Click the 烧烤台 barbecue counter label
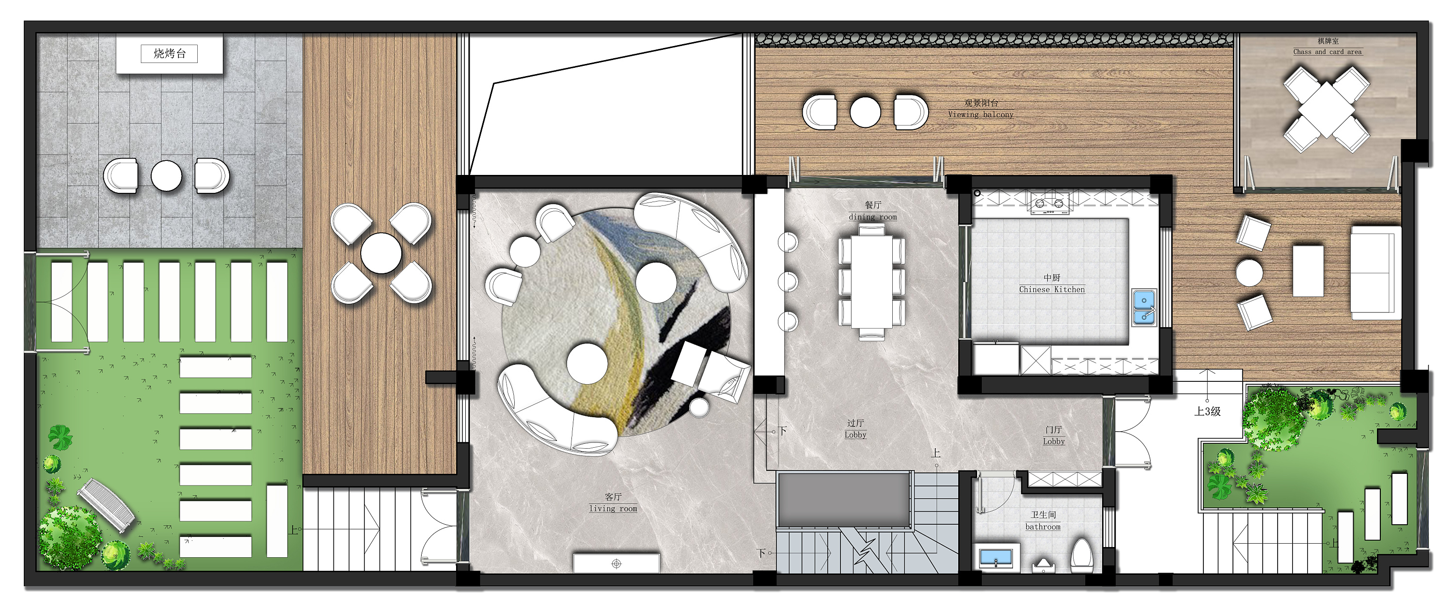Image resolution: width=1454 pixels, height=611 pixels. tap(169, 54)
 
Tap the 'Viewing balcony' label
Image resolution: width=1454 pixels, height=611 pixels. tap(980, 114)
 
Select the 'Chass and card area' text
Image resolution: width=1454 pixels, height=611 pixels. tap(1327, 52)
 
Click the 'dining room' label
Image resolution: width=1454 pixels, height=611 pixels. tap(872, 217)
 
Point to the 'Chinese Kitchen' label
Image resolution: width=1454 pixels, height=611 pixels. tap(1052, 289)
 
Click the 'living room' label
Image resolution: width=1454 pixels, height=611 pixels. tap(613, 508)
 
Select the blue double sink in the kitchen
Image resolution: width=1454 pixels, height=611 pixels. tap(1143, 308)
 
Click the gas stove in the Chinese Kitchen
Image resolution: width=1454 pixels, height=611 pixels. tap(1049, 203)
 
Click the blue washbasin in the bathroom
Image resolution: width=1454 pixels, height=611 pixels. tap(996, 557)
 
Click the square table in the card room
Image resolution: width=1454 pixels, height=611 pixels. tap(1326, 110)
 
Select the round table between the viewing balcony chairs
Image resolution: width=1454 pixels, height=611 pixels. tap(865, 112)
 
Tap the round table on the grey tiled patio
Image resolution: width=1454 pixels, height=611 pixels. tap(167, 176)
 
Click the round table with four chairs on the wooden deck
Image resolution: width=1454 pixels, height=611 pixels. tap(381, 253)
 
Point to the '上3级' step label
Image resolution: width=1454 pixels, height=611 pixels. tap(1207, 412)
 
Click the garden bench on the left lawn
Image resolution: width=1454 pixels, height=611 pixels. tap(106, 505)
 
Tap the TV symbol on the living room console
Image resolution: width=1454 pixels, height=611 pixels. tap(616, 564)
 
